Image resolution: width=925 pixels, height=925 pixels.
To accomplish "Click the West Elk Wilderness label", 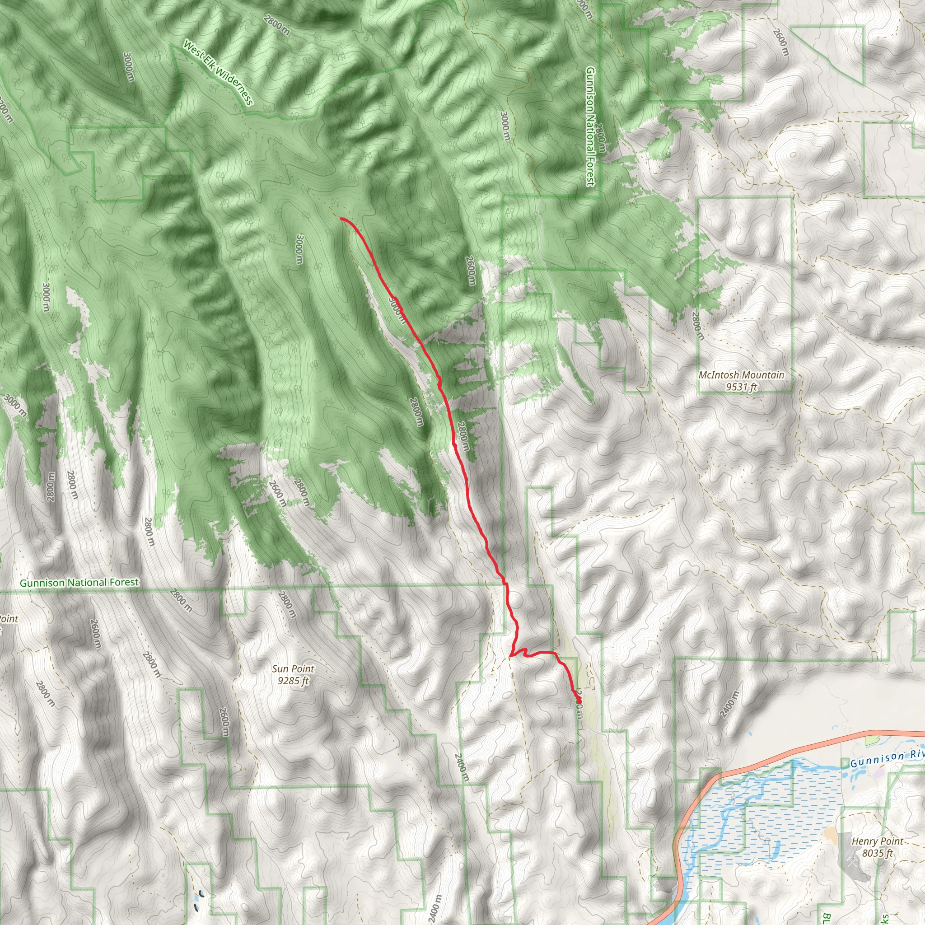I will (218, 73).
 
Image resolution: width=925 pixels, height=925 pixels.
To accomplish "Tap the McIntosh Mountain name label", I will (741, 375).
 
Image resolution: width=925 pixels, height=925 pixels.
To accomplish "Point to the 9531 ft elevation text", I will (741, 387).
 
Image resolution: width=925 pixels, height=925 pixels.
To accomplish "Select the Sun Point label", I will (293, 669).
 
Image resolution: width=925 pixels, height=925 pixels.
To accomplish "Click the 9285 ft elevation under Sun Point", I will (293, 680).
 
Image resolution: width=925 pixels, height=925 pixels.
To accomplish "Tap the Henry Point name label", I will (877, 841).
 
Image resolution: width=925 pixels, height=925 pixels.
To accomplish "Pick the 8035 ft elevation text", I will (877, 853).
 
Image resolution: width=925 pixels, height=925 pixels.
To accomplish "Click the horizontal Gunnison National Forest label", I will (79, 583).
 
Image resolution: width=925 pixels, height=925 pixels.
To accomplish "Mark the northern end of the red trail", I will (341, 218).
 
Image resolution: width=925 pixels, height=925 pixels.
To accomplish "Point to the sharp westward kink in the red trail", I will (511, 654).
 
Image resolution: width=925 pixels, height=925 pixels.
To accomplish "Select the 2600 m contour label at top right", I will (780, 42).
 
